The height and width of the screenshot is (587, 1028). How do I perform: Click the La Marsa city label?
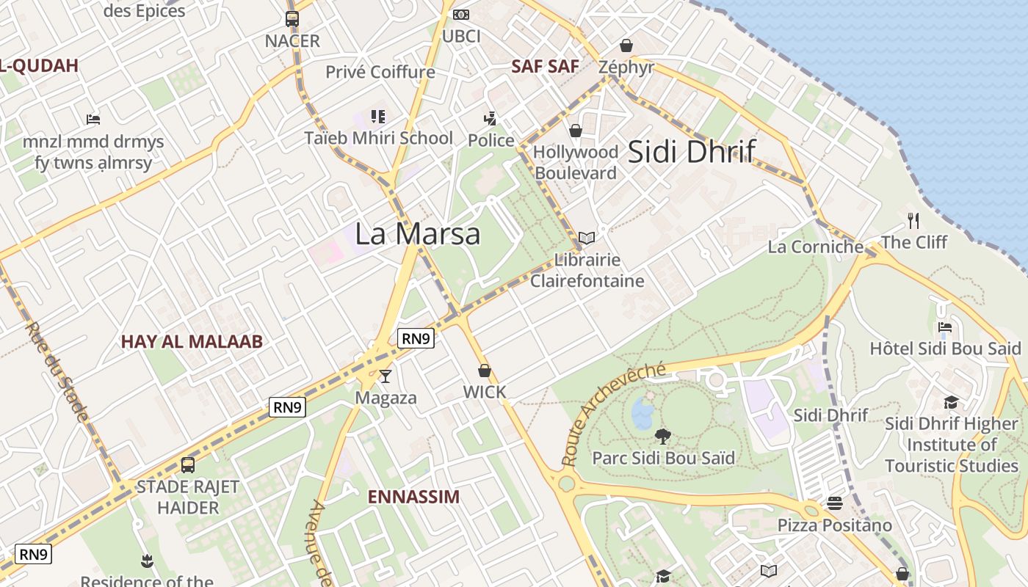[417, 233]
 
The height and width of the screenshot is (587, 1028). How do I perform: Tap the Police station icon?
[490, 118]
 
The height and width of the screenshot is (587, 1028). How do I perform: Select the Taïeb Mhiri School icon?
[378, 116]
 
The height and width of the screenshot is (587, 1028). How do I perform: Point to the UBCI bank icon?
[461, 15]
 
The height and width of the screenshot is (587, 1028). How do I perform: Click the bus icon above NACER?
[292, 19]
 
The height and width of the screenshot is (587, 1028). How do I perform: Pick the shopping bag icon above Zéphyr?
[626, 45]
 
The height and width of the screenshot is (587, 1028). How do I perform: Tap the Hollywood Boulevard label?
[575, 162]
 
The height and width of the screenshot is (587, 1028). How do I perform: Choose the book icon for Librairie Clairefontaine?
[586, 238]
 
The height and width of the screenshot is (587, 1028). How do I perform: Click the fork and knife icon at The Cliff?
[913, 220]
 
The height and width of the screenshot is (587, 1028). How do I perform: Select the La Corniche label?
[815, 247]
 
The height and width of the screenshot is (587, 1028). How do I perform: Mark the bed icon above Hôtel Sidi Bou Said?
[945, 327]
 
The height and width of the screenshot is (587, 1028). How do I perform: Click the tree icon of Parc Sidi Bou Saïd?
[663, 437]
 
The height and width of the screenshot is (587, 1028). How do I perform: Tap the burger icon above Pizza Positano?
[834, 503]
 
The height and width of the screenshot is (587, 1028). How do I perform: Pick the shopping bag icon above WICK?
[484, 371]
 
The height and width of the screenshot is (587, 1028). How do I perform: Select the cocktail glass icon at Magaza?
[385, 376]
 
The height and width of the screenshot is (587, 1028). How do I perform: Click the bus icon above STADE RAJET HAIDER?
[188, 464]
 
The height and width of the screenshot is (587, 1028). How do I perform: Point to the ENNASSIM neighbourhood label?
[413, 497]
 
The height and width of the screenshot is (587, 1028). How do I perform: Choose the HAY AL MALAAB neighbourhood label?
[192, 341]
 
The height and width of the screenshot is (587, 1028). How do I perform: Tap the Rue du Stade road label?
[59, 372]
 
